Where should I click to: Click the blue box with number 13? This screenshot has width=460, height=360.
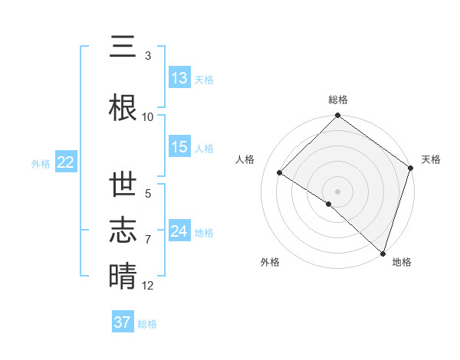point(179,78)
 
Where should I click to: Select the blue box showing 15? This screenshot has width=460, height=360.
point(179,148)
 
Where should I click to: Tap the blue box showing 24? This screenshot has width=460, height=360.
point(179,231)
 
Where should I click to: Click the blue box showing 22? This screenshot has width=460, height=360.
point(65,162)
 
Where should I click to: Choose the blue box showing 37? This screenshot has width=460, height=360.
point(123,322)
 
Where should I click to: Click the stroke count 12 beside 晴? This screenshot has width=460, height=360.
point(148,286)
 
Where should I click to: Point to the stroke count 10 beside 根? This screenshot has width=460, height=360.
point(148,116)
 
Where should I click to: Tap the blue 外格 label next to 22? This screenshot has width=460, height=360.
point(41,163)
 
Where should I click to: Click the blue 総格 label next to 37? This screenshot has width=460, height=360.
point(147,324)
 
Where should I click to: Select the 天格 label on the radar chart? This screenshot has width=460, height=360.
point(431,159)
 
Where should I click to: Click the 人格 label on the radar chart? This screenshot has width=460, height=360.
point(245,159)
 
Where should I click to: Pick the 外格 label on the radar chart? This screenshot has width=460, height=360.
point(270,262)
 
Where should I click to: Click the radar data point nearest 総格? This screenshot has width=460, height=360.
point(337,116)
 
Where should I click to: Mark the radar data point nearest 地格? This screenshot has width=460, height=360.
point(382,252)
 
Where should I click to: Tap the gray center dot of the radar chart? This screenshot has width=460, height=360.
point(337,190)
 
